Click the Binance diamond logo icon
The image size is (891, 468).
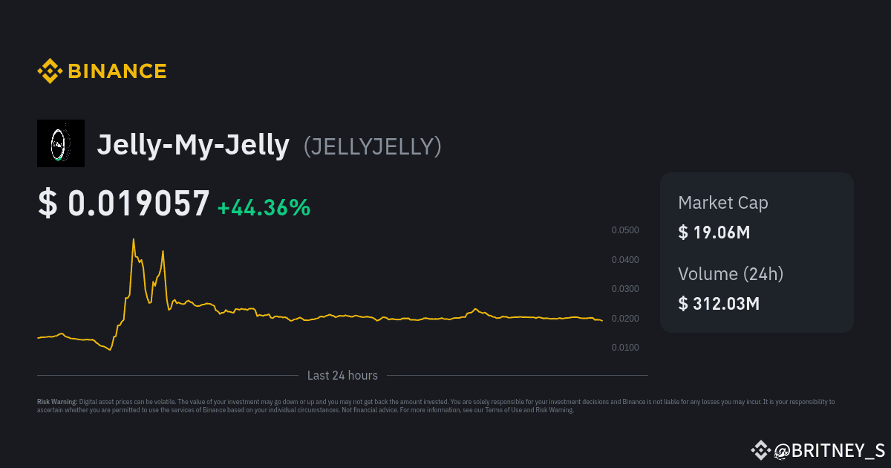click(x=50, y=71)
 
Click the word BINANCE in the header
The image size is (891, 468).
click(x=117, y=71)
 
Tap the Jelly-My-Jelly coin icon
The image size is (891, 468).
click(x=61, y=143)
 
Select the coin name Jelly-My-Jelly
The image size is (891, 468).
click(x=193, y=145)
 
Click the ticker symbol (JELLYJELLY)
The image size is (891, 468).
click(x=373, y=146)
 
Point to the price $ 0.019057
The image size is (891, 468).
click(x=124, y=204)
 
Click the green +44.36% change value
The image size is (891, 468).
click(x=264, y=207)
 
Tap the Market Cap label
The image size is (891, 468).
click(x=723, y=202)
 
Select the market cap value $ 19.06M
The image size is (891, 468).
click(x=714, y=232)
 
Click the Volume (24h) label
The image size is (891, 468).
click(x=731, y=273)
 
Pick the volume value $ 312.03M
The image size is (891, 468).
click(x=719, y=303)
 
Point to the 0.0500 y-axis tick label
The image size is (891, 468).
click(x=625, y=230)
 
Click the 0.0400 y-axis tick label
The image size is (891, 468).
click(x=625, y=260)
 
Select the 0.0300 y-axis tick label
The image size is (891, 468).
click(x=625, y=289)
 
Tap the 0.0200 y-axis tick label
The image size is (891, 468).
click(x=625, y=319)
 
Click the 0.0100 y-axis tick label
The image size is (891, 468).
click(x=625, y=348)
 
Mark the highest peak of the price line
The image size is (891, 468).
click(x=134, y=239)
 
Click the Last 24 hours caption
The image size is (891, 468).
click(x=342, y=375)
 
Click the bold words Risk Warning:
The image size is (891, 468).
click(x=57, y=402)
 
